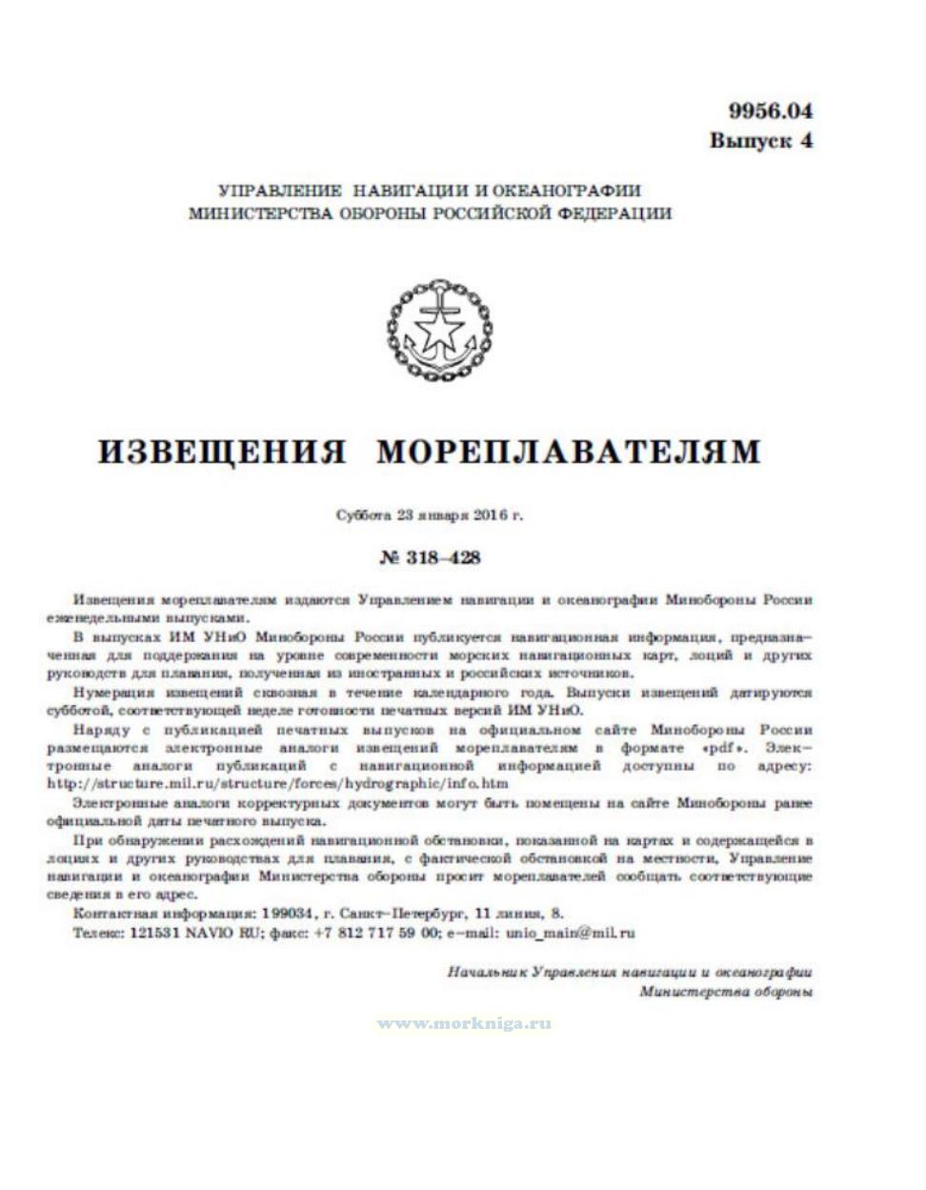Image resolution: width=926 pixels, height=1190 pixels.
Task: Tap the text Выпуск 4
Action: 760,141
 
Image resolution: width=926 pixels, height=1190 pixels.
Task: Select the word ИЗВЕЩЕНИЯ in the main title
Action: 223,451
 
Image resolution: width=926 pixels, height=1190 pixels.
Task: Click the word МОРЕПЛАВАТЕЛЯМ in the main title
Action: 569,451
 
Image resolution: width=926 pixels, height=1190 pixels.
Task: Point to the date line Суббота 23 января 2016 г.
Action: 431,516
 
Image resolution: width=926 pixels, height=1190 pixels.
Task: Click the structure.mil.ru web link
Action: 277,783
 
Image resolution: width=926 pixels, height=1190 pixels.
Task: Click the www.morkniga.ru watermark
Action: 464,1024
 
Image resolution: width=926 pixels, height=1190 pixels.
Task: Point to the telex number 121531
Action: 149,934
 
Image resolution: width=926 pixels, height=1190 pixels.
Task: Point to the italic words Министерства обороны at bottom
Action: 726,992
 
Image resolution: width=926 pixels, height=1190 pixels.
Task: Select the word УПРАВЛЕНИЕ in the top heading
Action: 276,191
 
